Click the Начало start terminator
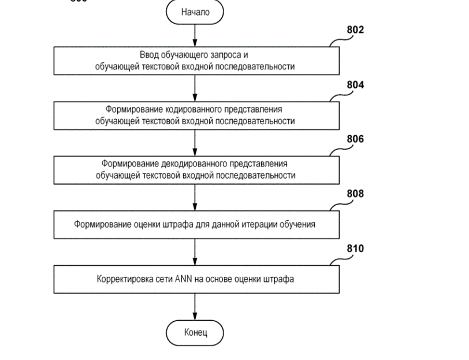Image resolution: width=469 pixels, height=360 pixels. (x=195, y=12)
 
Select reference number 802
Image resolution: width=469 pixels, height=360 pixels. (x=355, y=30)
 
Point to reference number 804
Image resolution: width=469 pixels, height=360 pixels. (x=355, y=85)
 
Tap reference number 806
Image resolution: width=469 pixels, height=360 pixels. (x=355, y=139)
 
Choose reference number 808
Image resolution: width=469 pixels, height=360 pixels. (x=355, y=194)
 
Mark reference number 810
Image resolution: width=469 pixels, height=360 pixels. (x=355, y=248)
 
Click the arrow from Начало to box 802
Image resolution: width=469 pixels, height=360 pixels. (x=195, y=36)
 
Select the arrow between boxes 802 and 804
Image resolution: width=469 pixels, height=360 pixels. (x=195, y=89)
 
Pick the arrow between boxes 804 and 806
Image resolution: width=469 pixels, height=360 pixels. (x=195, y=143)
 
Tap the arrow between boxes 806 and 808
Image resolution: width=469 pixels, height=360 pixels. (x=195, y=198)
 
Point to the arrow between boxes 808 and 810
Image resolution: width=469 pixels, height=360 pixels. (x=195, y=253)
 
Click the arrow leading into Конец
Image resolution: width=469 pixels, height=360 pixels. (x=195, y=307)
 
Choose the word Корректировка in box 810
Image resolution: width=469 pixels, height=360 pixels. (x=122, y=280)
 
